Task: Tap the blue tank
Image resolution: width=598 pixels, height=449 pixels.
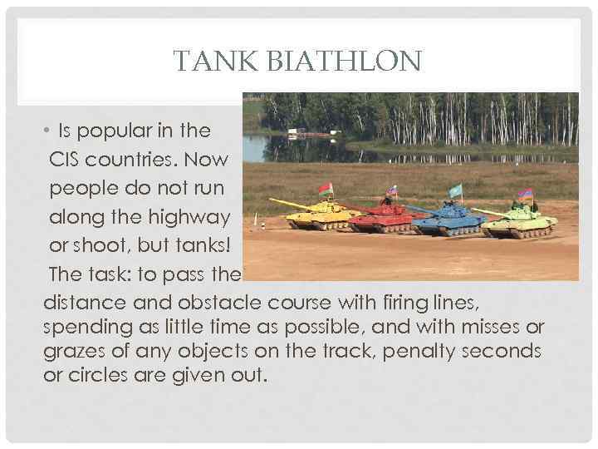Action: pos(453,220)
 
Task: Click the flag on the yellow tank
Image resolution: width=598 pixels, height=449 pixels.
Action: pos(326,189)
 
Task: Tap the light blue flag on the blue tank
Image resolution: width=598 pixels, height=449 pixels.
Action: pos(455,191)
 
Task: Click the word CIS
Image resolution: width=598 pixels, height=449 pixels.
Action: pos(66,158)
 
